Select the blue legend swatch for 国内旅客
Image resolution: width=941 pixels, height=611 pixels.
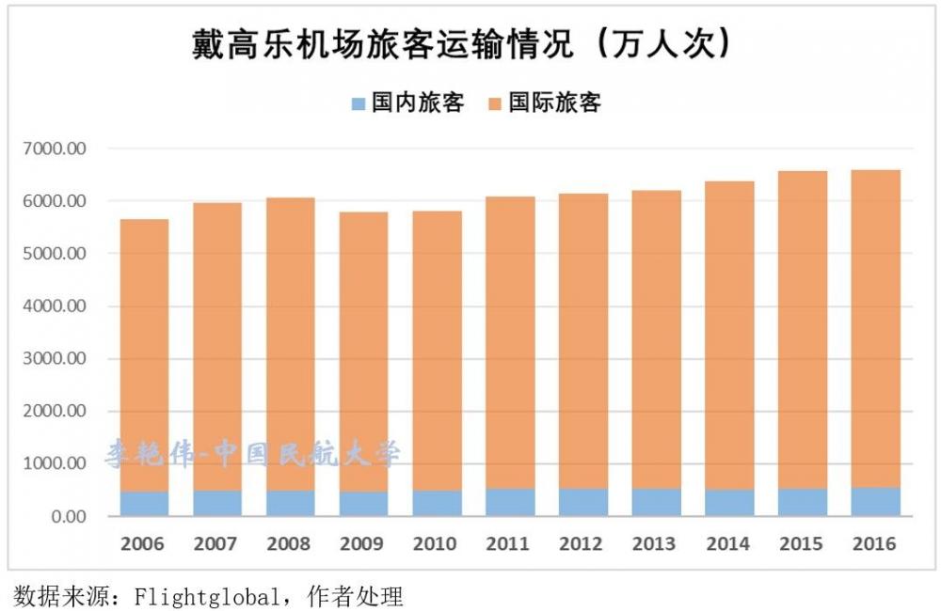(x=358, y=103)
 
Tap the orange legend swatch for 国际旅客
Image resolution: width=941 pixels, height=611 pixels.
(x=495, y=103)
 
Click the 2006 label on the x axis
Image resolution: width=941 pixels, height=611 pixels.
(x=143, y=544)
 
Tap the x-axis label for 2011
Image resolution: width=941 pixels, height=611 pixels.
(x=509, y=544)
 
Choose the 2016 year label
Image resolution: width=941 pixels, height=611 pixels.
(x=874, y=544)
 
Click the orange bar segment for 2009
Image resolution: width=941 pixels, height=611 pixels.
(x=363, y=348)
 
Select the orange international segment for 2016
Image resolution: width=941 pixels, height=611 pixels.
(x=875, y=329)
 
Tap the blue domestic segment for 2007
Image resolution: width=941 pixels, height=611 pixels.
(x=216, y=503)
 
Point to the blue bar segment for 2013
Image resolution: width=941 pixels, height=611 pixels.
(x=656, y=502)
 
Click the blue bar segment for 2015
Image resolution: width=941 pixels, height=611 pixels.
(x=802, y=502)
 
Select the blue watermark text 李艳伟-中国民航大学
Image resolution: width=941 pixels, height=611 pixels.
(x=251, y=455)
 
